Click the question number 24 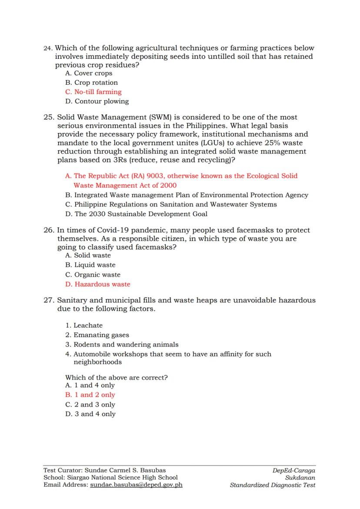[x=48, y=48]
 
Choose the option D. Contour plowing [x=97, y=101]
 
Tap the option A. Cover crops [x=89, y=73]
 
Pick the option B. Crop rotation [x=91, y=83]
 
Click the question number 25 [x=49, y=117]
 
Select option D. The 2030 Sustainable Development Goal [x=136, y=214]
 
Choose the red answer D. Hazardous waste [x=98, y=284]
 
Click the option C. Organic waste [x=93, y=275]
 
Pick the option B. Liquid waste [x=90, y=265]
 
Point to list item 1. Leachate [x=84, y=326]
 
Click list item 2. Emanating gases [x=97, y=335]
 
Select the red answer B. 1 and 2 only [x=90, y=395]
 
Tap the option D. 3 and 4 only [x=90, y=414]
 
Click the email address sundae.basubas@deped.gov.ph [x=136, y=485]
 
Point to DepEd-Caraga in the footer [x=294, y=471]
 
